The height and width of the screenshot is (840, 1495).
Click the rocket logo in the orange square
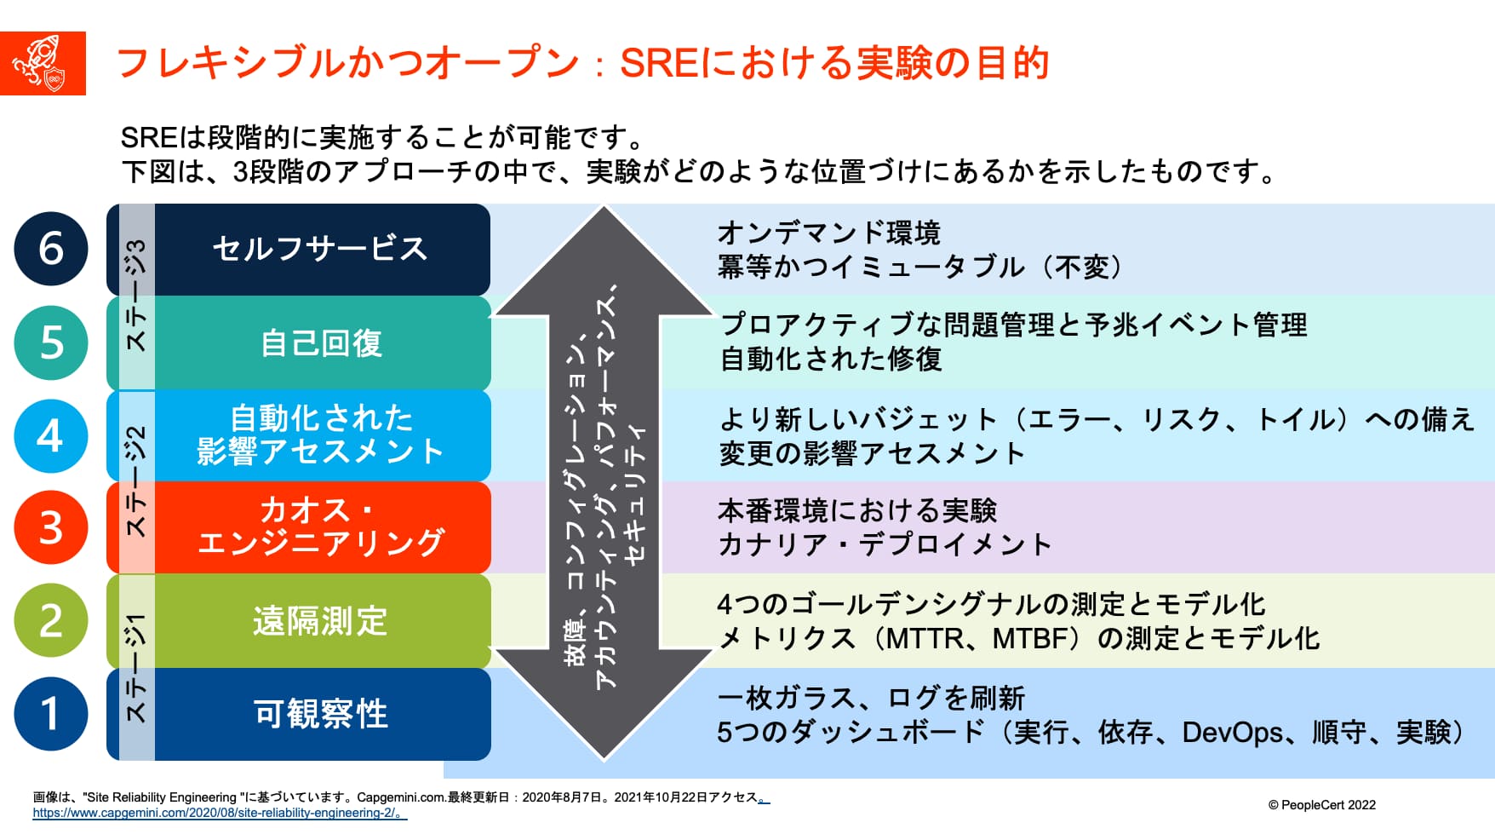(x=43, y=64)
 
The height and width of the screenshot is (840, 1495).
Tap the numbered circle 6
(x=51, y=249)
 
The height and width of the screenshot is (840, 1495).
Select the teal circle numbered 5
(x=51, y=342)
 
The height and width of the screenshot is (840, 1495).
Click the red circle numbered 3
(x=51, y=527)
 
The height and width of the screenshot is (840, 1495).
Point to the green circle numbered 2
(x=51, y=620)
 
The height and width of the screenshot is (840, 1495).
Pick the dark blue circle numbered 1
(x=51, y=713)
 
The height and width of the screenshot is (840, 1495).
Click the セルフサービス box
(x=321, y=249)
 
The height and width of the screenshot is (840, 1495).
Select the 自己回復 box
(x=321, y=342)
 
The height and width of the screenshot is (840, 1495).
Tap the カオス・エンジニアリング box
(x=321, y=527)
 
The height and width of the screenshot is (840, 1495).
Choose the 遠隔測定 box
(x=321, y=620)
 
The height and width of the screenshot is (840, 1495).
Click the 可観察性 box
(x=321, y=714)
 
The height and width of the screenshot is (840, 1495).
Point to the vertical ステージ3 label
(x=136, y=295)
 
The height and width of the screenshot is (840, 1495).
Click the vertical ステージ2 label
(x=136, y=480)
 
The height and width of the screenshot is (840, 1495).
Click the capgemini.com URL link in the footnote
(x=219, y=813)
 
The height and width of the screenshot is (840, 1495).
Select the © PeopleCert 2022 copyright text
(x=1321, y=805)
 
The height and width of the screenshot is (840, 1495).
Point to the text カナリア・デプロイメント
(x=885, y=544)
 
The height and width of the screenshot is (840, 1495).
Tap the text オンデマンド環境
(x=828, y=233)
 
